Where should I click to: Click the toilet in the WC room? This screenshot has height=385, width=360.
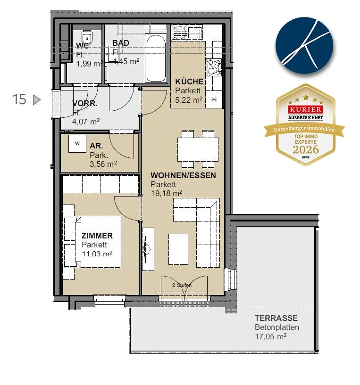[x=87, y=37]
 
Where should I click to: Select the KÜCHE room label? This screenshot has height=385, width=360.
[x=189, y=82]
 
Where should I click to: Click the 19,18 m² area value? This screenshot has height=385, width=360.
[x=167, y=193]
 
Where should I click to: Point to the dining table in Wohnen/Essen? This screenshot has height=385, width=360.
[x=198, y=149]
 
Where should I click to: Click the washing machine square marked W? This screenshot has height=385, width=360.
[x=77, y=144]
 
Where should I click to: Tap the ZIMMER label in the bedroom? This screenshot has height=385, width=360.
[x=97, y=236]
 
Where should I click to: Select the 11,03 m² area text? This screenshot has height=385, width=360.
[x=97, y=254]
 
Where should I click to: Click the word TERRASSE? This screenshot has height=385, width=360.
[x=276, y=318]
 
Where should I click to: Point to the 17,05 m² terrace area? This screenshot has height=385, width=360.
[x=270, y=336]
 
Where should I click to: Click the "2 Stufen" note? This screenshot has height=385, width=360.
[x=182, y=285]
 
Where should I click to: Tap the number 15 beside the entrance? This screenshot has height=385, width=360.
[x=19, y=99]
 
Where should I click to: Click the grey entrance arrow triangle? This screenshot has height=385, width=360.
[x=37, y=100]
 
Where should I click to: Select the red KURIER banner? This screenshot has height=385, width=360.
[x=306, y=110]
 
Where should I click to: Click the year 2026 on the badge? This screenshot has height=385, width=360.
[x=306, y=149]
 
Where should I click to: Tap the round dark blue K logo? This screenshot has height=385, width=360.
[x=304, y=45]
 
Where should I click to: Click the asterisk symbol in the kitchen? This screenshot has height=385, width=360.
[x=214, y=99]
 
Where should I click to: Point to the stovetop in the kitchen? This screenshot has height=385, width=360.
[x=214, y=67]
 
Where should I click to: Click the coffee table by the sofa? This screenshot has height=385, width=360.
[x=178, y=249]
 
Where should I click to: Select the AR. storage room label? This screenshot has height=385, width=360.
[x=96, y=146]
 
